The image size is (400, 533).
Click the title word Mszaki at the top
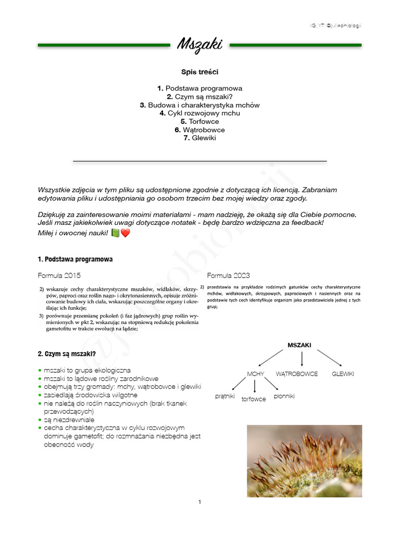tap(199, 45)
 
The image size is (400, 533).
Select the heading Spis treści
tap(199, 72)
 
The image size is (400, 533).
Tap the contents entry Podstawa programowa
tap(199, 88)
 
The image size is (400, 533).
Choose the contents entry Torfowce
tap(199, 121)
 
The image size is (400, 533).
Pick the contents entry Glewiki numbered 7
tap(199, 138)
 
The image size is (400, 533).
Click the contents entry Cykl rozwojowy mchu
tap(199, 113)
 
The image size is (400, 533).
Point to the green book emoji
tap(115, 233)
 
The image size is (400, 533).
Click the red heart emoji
tap(126, 233)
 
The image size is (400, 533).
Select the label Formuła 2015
tap(59, 275)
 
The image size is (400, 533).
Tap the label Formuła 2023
tap(229, 275)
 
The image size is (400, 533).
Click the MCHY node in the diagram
tap(256, 374)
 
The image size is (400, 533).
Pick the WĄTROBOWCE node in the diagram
tap(297, 374)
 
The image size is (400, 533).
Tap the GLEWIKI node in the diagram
tap(343, 374)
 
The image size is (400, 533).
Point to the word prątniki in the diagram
tap(226, 396)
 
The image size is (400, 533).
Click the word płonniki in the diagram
tap(284, 396)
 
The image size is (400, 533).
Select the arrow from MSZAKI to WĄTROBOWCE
tap(302, 359)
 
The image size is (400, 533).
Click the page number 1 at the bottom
tap(199, 502)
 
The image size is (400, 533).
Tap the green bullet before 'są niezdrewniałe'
tap(40, 420)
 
